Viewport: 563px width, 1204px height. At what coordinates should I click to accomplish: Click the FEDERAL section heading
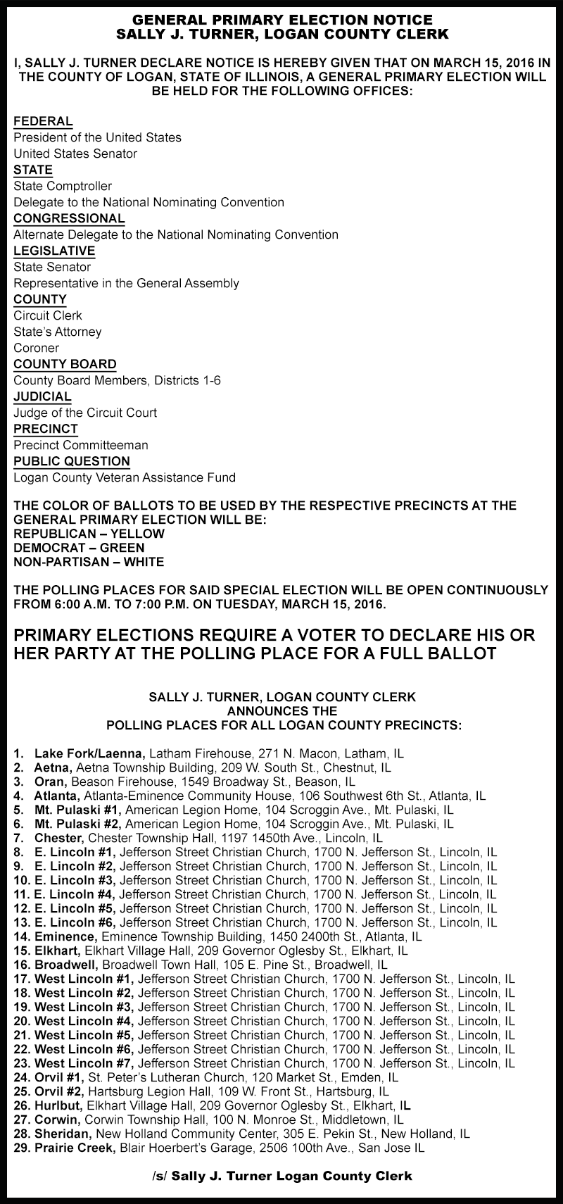[43, 121]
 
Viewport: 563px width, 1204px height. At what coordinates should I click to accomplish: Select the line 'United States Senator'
[75, 153]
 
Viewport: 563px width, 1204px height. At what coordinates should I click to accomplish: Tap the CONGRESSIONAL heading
[69, 218]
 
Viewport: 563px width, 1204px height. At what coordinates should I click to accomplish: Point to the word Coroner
[36, 348]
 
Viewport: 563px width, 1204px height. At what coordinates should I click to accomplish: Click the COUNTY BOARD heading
[65, 364]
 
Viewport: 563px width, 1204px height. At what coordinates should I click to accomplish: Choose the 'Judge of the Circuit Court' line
[85, 413]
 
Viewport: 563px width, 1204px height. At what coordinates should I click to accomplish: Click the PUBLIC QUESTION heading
[72, 461]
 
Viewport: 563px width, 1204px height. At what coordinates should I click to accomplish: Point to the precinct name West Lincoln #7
[84, 1063]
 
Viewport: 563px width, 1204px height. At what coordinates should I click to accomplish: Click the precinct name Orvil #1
[59, 1077]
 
